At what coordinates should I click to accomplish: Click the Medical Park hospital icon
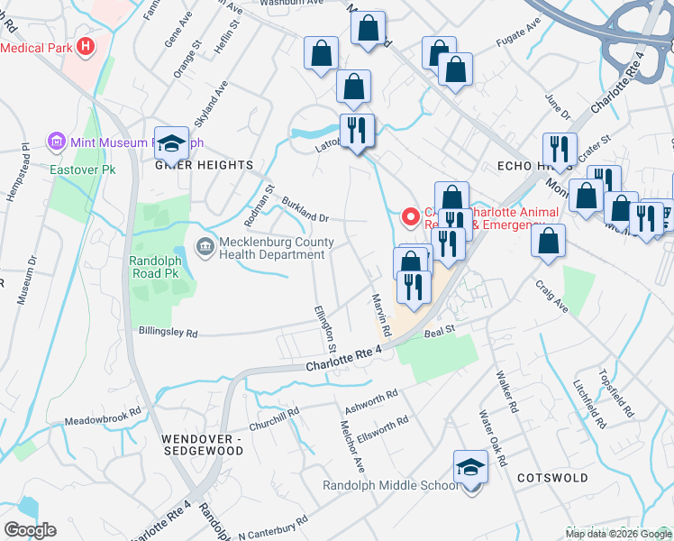(x=86, y=46)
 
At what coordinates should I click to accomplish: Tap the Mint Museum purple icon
(x=57, y=142)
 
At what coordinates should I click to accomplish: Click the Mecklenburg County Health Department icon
(x=205, y=246)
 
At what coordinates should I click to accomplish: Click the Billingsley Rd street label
(x=168, y=333)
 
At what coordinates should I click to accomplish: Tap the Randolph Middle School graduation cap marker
(x=469, y=469)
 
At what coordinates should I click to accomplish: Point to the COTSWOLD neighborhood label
(x=552, y=477)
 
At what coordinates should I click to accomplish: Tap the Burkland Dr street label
(x=306, y=211)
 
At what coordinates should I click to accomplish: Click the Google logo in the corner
(x=30, y=529)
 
